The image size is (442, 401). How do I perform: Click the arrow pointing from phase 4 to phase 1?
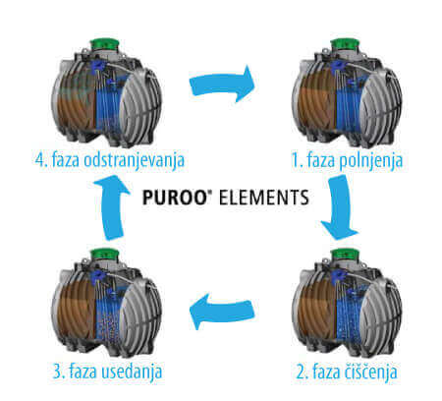pyautogui.click(x=222, y=85)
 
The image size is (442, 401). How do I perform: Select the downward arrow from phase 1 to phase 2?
pyautogui.click(x=339, y=207)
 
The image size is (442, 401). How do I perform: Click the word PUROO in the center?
pyautogui.click(x=174, y=198)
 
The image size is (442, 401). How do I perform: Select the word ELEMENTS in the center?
pyautogui.click(x=264, y=198)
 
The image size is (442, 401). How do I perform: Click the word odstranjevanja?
pyautogui.click(x=135, y=161)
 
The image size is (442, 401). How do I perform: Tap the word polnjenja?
pyautogui.click(x=370, y=161)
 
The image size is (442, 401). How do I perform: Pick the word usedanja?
pyautogui.click(x=132, y=372)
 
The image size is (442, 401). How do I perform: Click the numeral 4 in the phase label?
pyautogui.click(x=40, y=160)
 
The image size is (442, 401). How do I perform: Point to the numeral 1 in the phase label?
pyautogui.click(x=296, y=160)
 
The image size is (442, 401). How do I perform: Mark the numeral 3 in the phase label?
pyautogui.click(x=57, y=372)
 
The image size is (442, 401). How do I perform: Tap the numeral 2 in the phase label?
pyautogui.click(x=301, y=372)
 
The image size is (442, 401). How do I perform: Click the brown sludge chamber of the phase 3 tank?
pyautogui.click(x=78, y=313)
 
